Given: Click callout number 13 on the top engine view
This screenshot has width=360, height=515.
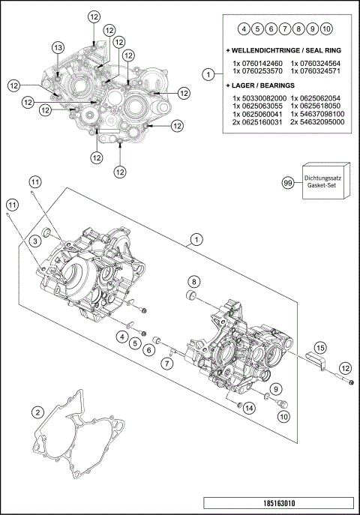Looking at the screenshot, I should pyautogui.click(x=58, y=47).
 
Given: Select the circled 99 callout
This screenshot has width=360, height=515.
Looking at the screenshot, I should pyautogui.click(x=286, y=182).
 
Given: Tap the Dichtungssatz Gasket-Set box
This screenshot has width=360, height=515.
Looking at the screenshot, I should pyautogui.click(x=322, y=182).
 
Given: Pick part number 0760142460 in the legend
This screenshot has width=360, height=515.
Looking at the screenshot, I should pyautogui.click(x=258, y=63).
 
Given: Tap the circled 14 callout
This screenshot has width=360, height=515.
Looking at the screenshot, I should pyautogui.click(x=250, y=407).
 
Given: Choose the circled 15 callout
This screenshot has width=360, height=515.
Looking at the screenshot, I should pyautogui.click(x=320, y=347).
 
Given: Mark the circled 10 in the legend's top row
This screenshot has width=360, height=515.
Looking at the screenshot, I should pyautogui.click(x=326, y=28).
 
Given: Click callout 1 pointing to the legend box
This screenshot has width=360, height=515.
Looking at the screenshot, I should pyautogui.click(x=208, y=73).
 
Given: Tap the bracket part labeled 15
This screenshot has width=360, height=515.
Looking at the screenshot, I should pyautogui.click(x=318, y=362).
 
